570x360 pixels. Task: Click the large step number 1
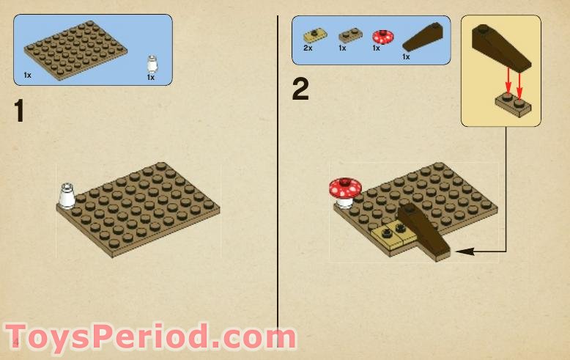(x=20, y=111)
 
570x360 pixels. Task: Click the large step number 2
(x=300, y=89)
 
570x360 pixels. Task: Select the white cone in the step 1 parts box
(x=152, y=63)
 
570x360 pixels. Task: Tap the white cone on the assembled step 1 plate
(x=67, y=196)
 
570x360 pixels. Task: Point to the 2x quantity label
(x=307, y=48)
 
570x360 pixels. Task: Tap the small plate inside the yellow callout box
(x=512, y=104)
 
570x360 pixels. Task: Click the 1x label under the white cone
(x=151, y=77)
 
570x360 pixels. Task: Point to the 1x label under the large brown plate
(x=27, y=76)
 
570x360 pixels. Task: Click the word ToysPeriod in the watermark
(x=110, y=338)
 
